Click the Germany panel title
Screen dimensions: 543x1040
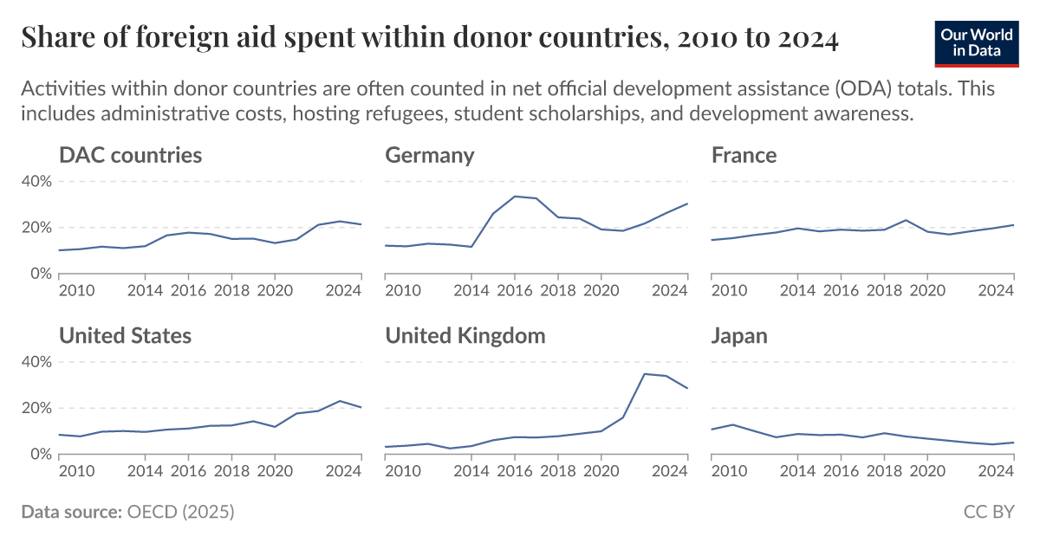coord(430,156)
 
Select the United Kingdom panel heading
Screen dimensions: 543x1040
coord(465,336)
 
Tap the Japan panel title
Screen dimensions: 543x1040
coord(739,336)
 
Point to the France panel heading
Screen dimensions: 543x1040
coord(744,156)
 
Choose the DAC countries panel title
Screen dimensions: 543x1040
coord(130,156)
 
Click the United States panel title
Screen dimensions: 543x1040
coord(125,336)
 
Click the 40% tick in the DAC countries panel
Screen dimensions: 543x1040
coord(36,182)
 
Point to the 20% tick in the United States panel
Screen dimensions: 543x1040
coord(36,408)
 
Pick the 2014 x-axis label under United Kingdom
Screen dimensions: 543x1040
coord(471,471)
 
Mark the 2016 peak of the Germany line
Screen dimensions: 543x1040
coord(515,197)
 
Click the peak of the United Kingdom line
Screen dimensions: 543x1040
coord(644,374)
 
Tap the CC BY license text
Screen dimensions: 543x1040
coord(989,512)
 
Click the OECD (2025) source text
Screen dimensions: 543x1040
coord(180,512)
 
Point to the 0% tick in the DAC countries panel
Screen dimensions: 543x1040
coord(40,274)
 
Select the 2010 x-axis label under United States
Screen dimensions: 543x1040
coord(76,471)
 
